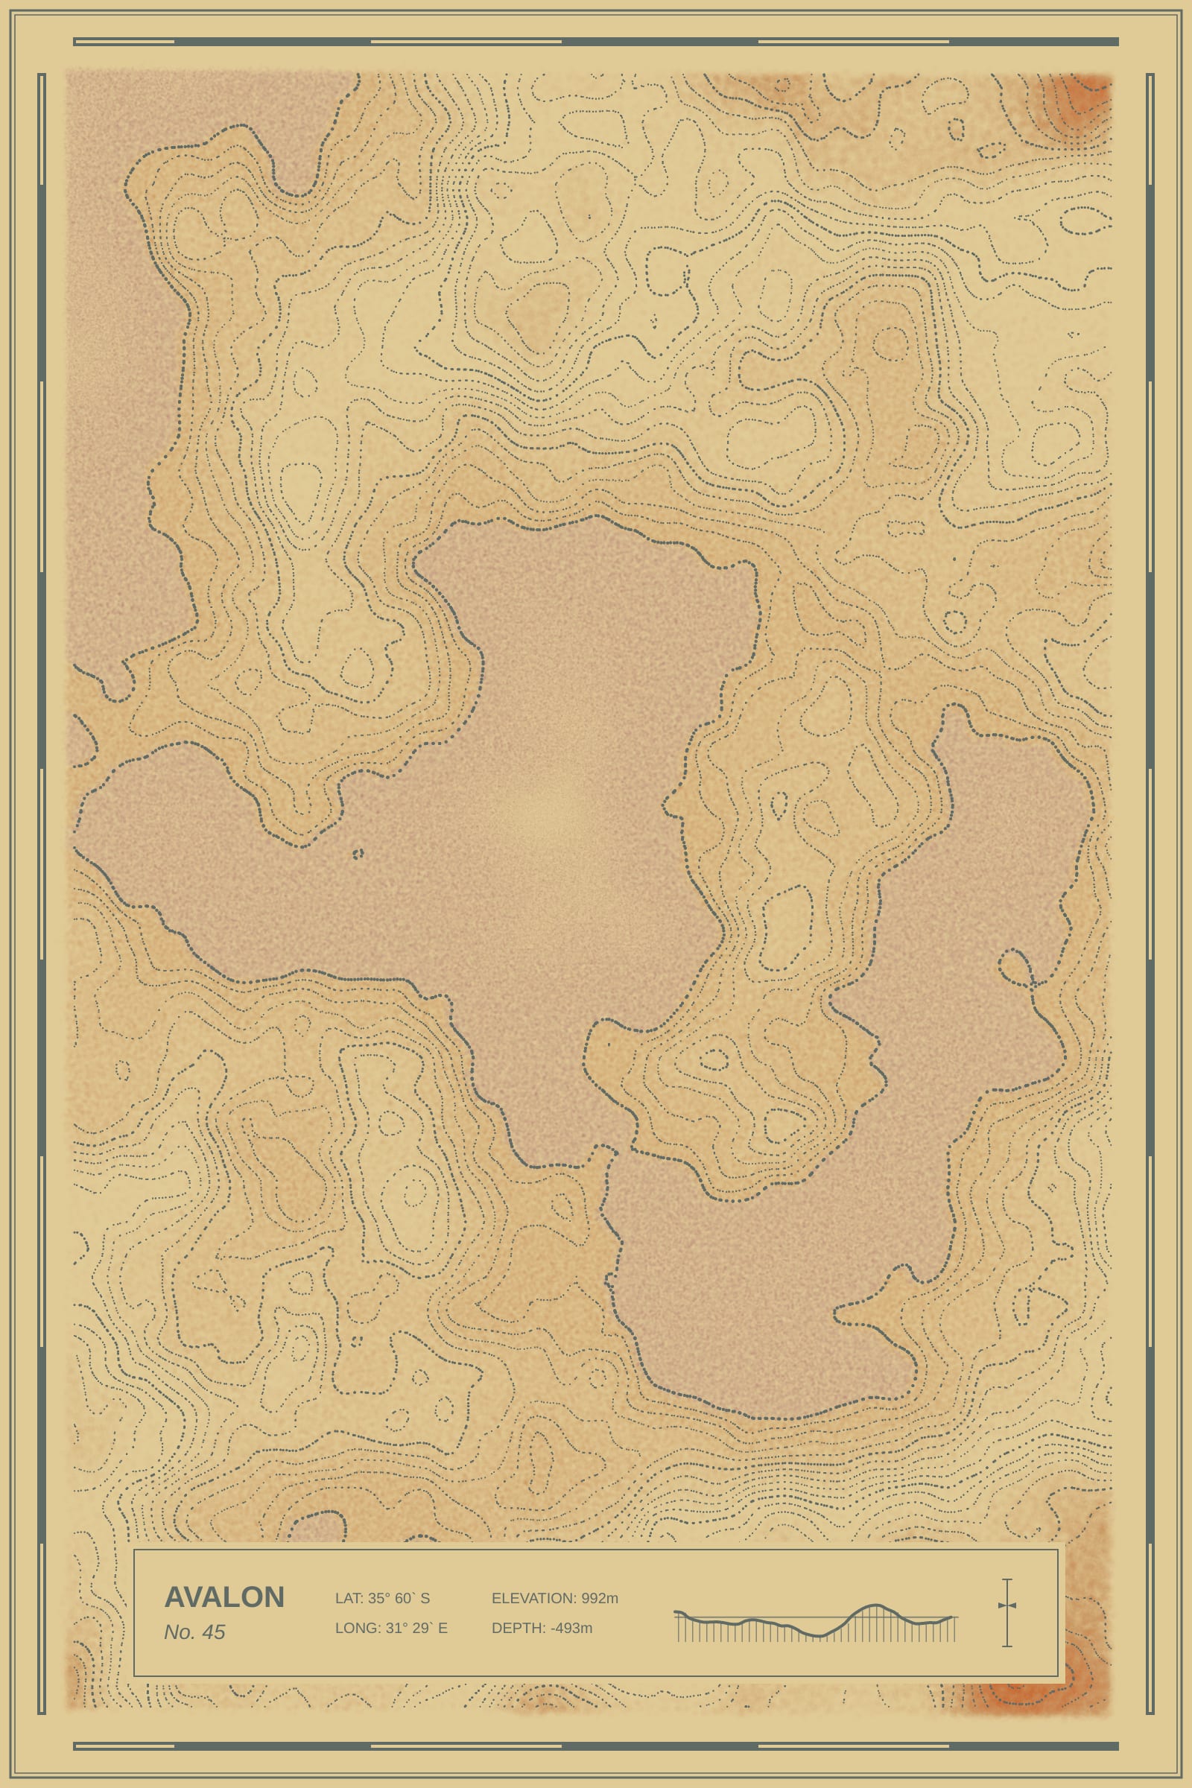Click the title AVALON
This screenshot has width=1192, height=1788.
(x=224, y=1597)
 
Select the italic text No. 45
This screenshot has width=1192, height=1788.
(x=194, y=1632)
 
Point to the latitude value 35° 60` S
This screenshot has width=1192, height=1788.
(x=399, y=1598)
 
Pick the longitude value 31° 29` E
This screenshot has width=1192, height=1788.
(x=416, y=1628)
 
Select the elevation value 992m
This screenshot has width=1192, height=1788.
(x=600, y=1598)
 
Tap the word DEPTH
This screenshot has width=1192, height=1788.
(x=519, y=1628)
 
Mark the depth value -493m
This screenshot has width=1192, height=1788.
(x=571, y=1628)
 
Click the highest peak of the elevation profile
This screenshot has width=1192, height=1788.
(x=875, y=1605)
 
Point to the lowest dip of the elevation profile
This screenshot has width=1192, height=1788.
(x=818, y=1635)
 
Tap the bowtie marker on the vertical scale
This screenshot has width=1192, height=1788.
(x=1006, y=1605)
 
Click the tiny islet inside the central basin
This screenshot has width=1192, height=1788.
(x=358, y=854)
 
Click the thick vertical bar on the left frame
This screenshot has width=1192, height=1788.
(x=42, y=893)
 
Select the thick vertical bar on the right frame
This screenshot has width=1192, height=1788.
(x=1150, y=893)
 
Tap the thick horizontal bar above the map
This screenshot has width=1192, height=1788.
(x=596, y=42)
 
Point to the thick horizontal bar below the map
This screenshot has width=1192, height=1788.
(x=596, y=1746)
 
